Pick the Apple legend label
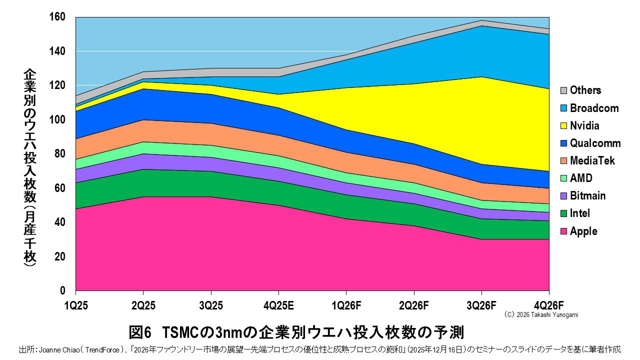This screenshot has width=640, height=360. click(583, 231)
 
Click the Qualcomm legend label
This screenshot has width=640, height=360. click(595, 143)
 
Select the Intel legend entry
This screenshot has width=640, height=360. click(580, 213)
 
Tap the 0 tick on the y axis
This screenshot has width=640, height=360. click(62, 290)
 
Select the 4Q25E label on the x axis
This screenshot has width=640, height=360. click(278, 304)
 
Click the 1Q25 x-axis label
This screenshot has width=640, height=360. click(76, 304)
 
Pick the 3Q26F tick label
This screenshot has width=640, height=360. click(481, 304)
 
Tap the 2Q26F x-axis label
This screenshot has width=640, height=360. click(413, 304)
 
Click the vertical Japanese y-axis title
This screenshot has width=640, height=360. click(29, 170)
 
